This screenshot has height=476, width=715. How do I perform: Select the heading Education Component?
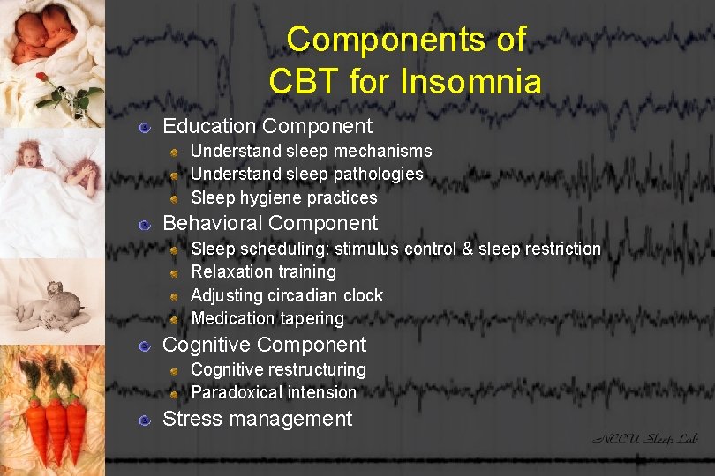[267, 127]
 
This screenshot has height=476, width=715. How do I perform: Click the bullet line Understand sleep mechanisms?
[311, 152]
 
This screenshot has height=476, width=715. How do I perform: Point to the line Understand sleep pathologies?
[306, 175]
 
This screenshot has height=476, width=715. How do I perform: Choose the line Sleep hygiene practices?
[283, 197]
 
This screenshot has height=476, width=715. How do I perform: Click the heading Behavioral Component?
[270, 224]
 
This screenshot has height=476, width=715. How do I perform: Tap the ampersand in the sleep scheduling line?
[466, 249]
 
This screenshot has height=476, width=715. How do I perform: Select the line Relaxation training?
[263, 272]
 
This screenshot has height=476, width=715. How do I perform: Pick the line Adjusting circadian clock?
[287, 295]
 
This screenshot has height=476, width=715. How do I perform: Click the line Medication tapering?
[267, 318]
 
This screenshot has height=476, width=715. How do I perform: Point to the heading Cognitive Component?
[265, 345]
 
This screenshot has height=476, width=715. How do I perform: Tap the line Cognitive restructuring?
[278, 369]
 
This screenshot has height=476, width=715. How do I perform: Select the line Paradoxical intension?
[274, 392]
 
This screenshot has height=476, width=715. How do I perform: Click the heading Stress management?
[257, 419]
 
